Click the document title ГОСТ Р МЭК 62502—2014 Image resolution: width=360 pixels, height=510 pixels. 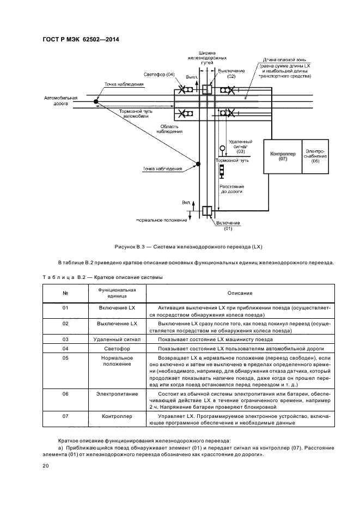tap(81, 39)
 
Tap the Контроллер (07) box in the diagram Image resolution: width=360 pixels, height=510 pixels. tap(283, 156)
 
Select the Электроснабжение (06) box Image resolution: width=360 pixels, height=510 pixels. tap(315, 156)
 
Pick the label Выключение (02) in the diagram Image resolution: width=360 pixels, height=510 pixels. tap(231, 74)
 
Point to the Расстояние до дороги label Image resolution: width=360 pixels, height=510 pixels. tap(231, 189)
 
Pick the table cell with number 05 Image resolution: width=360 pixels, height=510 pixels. tap(65, 357)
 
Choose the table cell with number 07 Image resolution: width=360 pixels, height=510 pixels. tap(65, 416)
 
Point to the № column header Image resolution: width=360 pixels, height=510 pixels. tap(65, 293)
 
